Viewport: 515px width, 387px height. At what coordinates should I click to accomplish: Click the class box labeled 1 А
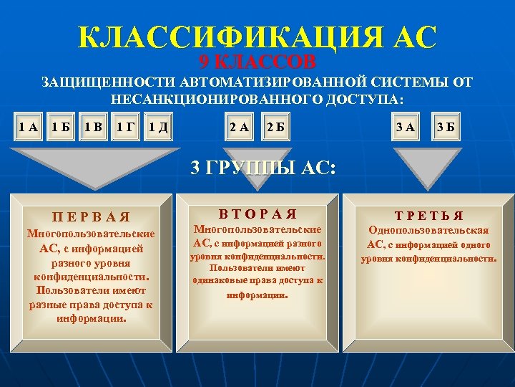pyautogui.click(x=29, y=128)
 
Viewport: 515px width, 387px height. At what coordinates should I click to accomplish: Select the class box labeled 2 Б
pyautogui.click(x=275, y=128)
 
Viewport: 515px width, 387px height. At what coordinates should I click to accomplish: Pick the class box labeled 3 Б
pyautogui.click(x=447, y=128)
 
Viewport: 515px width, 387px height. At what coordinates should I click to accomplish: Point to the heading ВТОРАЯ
pyautogui.click(x=258, y=213)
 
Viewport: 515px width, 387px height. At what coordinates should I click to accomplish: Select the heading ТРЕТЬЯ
pyautogui.click(x=427, y=215)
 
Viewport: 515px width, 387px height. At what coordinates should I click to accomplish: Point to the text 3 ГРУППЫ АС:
pyautogui.click(x=263, y=168)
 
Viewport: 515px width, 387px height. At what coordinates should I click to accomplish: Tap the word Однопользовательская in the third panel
pyautogui.click(x=428, y=230)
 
